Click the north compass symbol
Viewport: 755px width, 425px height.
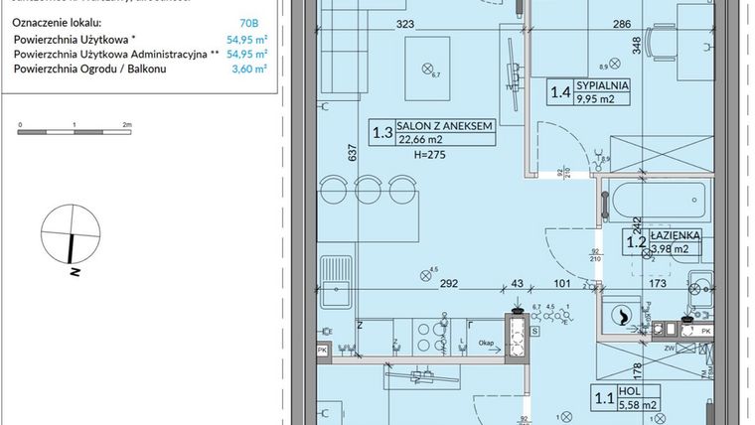[72, 234]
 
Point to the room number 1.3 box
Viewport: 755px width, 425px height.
[381, 132]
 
